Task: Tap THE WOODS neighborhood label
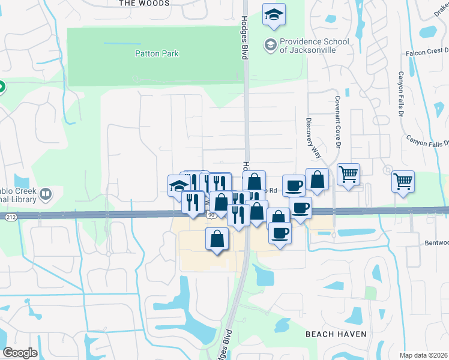[145, 3]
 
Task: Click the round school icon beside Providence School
[271, 44]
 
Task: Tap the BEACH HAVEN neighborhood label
[336, 334]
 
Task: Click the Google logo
[20, 353]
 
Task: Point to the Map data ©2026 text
[423, 355]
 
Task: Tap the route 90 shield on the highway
[210, 214]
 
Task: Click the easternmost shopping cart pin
[403, 180]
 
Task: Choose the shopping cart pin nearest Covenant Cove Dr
[348, 174]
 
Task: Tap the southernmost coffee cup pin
[280, 232]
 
